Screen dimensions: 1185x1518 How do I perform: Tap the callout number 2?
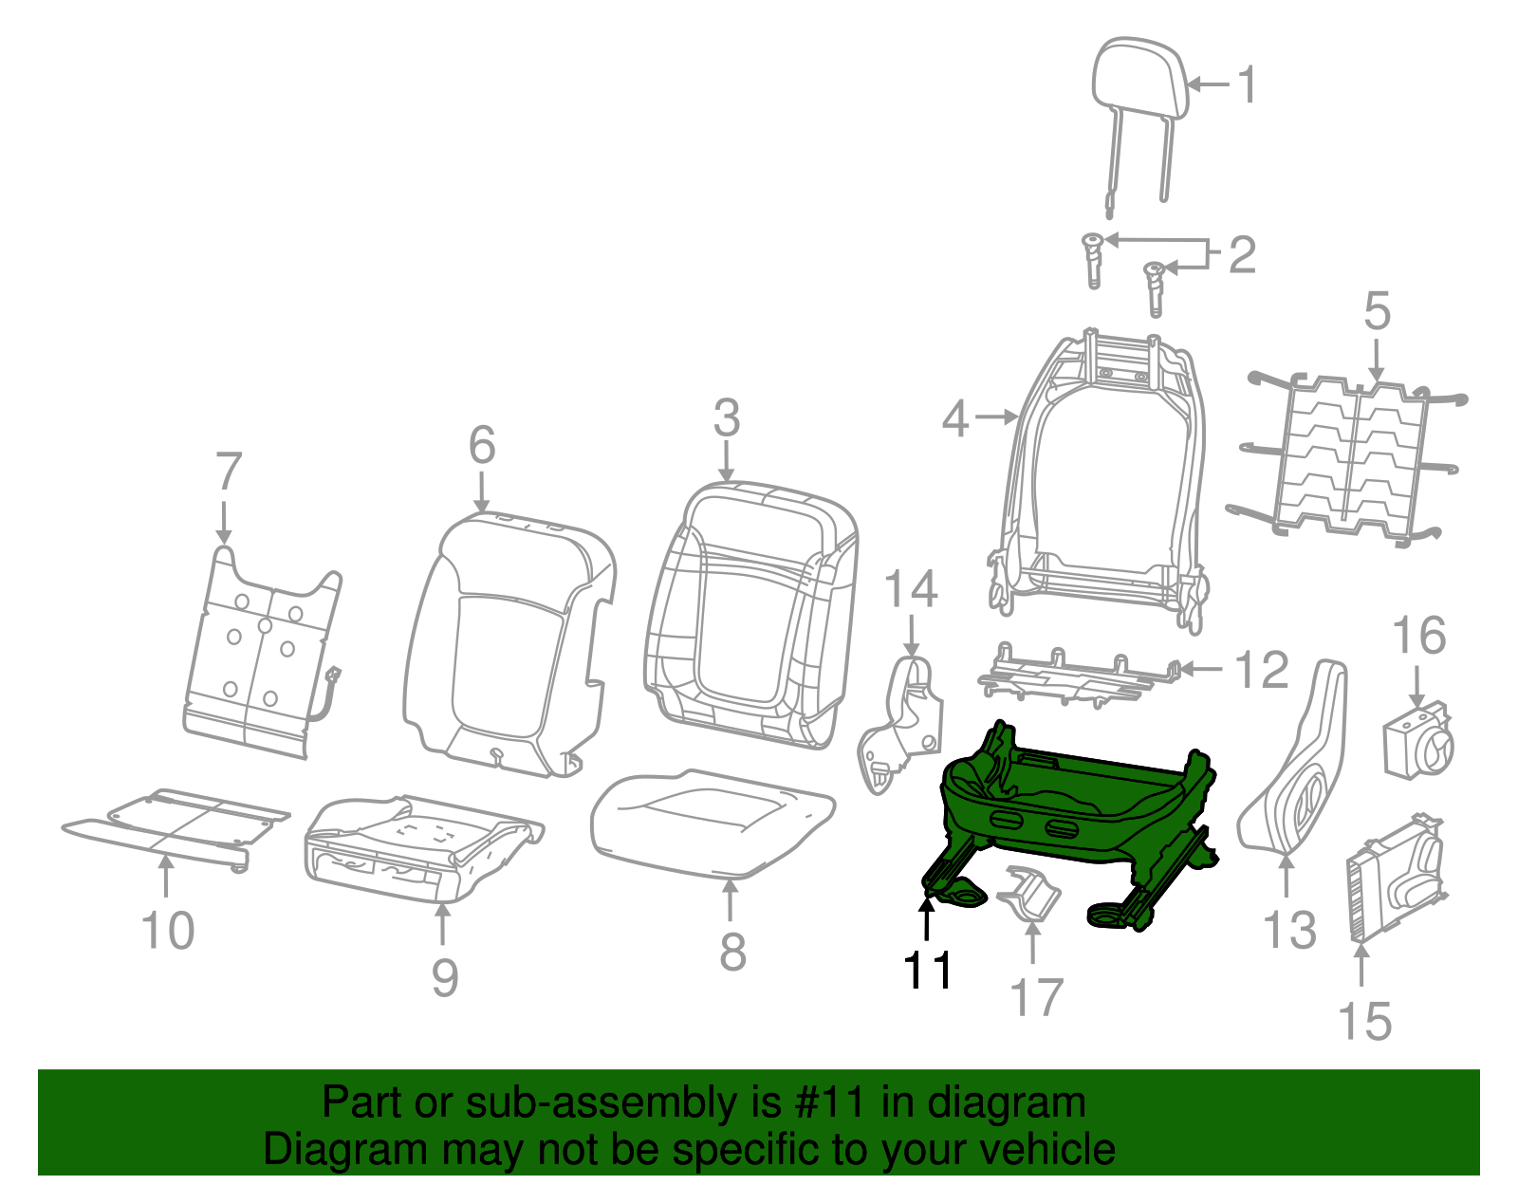point(1242,255)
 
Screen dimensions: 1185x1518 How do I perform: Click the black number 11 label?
point(928,970)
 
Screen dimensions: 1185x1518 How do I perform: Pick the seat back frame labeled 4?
point(1101,474)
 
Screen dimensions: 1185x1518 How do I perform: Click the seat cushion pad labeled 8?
point(712,821)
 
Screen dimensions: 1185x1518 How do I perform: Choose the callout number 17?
point(1036,997)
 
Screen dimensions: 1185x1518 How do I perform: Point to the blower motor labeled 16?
point(1416,740)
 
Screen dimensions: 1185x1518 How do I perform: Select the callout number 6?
point(482,445)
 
